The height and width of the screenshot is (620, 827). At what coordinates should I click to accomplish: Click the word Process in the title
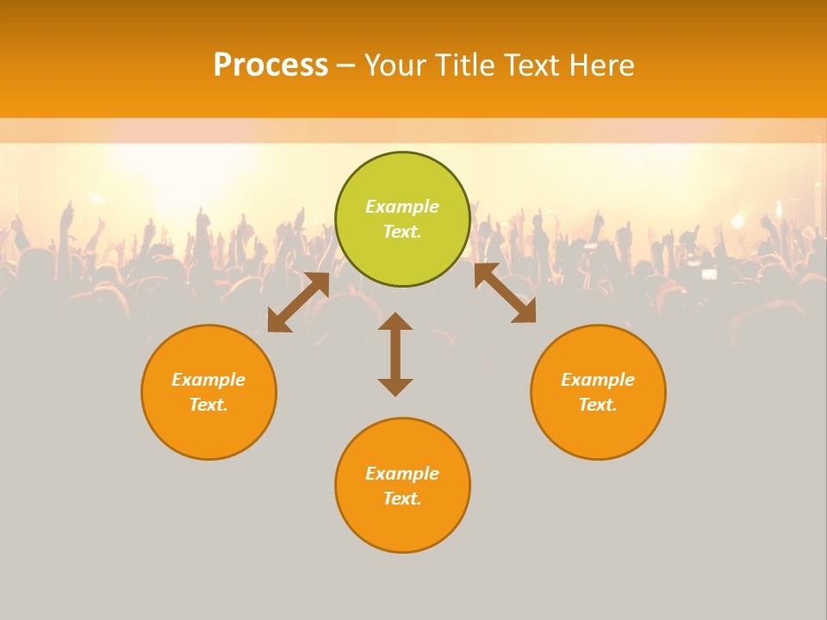pos(270,65)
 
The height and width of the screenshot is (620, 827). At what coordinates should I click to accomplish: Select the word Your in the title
pos(395,65)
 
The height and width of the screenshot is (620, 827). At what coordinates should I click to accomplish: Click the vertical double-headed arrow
pos(395,354)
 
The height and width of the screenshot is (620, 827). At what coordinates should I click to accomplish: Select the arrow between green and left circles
pos(298,302)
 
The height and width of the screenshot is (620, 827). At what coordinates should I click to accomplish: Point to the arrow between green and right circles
pos(505,294)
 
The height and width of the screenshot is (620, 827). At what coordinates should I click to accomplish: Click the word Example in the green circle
pos(402,207)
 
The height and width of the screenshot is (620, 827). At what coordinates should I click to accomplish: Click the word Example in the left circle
pos(208,380)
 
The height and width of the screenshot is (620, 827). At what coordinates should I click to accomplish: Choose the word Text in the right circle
pos(597,405)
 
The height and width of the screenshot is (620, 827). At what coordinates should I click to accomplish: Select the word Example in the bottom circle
pos(402,474)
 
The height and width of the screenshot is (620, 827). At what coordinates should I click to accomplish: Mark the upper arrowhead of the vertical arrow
pos(395,322)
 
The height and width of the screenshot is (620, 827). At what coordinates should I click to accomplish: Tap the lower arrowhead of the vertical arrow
pos(395,387)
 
